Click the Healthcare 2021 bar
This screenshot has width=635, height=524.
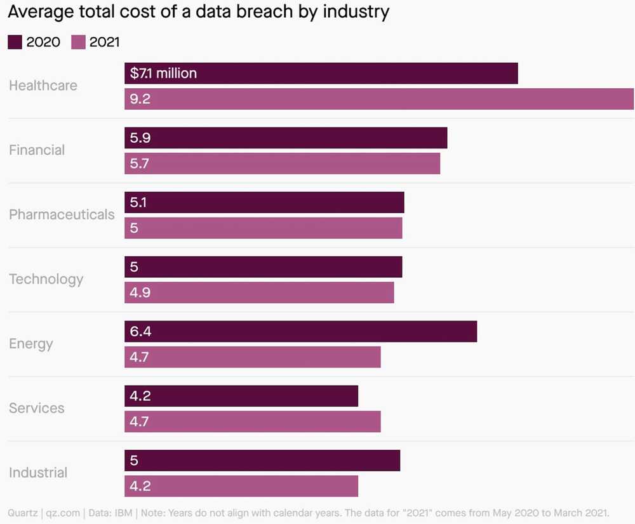(x=379, y=99)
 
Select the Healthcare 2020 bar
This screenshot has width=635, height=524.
(x=321, y=74)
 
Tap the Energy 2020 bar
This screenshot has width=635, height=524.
(x=300, y=331)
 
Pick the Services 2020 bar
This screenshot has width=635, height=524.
(x=241, y=396)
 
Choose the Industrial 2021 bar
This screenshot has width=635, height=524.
(x=241, y=486)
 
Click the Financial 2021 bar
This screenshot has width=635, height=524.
(x=282, y=164)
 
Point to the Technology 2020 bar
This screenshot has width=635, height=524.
(x=263, y=267)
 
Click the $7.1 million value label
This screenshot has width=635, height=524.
(x=163, y=74)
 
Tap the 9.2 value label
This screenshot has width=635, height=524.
(x=140, y=99)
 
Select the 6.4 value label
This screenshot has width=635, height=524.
(x=140, y=331)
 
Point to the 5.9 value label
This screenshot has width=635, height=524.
(x=140, y=138)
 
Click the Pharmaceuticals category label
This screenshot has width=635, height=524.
(x=62, y=214)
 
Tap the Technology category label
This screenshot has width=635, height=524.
(x=46, y=279)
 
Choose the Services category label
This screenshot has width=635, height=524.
(x=37, y=408)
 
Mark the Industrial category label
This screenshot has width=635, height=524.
(x=38, y=473)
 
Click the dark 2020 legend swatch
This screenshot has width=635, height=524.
(x=15, y=43)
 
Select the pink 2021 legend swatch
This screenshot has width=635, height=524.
(x=78, y=43)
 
